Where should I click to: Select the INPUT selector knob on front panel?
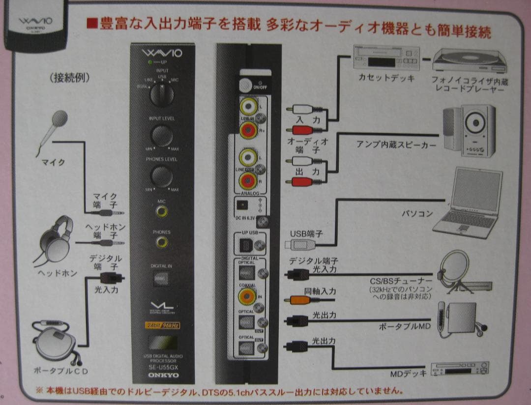pos(161,94)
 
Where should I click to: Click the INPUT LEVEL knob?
pos(161,135)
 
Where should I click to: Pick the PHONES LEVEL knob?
pos(161,176)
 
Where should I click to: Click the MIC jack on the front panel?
pos(161,212)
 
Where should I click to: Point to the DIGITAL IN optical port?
pos(161,279)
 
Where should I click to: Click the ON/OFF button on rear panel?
pos(244,84)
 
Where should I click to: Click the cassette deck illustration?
pos(386,58)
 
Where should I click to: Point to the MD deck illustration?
pos(459,368)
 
